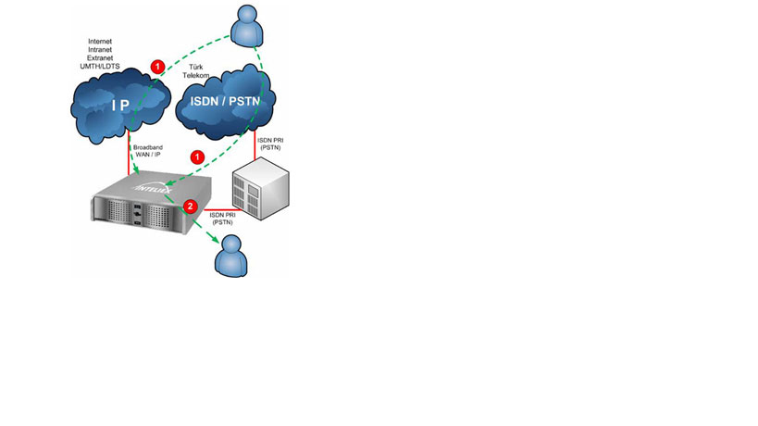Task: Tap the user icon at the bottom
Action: coord(230,256)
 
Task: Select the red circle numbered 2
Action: coord(190,206)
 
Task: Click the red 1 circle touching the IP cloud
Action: coord(158,67)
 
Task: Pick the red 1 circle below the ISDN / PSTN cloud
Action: coord(196,157)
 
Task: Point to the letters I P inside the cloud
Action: coord(120,106)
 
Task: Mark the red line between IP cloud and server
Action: coord(128,157)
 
